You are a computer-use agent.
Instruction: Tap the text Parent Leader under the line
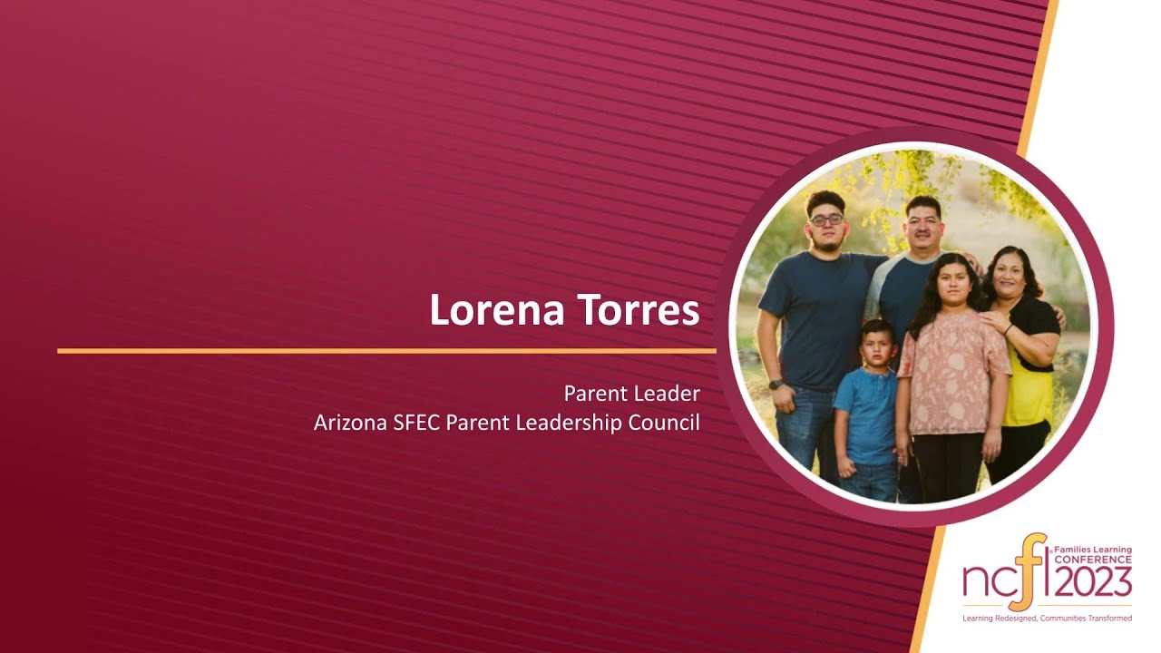pos(631,394)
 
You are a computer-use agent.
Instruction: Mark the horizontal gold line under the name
pos(386,350)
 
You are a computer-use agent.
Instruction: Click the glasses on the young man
pos(826,220)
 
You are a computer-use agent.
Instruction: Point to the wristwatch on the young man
pos(776,385)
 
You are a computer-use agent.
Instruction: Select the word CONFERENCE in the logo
pos(1092,560)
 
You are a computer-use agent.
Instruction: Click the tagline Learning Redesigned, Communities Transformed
pos(1047,619)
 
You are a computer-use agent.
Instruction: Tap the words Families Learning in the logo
pos(1092,550)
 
